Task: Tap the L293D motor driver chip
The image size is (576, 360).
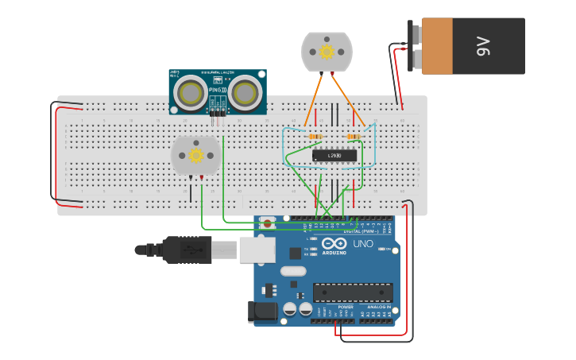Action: pyautogui.click(x=334, y=156)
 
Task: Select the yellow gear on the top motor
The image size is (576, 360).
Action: pyautogui.click(x=327, y=52)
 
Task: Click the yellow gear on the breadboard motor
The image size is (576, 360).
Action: pyautogui.click(x=195, y=155)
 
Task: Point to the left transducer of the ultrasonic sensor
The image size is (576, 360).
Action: pyautogui.click(x=191, y=94)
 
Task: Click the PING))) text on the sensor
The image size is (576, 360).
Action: pyautogui.click(x=217, y=91)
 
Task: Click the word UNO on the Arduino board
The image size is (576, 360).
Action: pyautogui.click(x=362, y=244)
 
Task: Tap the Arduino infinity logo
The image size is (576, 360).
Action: pyautogui.click(x=334, y=243)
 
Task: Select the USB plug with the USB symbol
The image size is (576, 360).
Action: pyautogui.click(x=187, y=250)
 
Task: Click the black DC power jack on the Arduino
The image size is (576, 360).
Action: pyautogui.click(x=263, y=312)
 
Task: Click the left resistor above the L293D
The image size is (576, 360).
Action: pyautogui.click(x=315, y=137)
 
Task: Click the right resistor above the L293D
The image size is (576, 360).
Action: pyautogui.click(x=354, y=137)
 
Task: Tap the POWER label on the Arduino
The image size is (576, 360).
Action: pyautogui.click(x=346, y=307)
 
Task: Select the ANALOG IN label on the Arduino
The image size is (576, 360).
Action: pyautogui.click(x=379, y=307)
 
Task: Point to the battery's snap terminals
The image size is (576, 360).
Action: pyautogui.click(x=415, y=46)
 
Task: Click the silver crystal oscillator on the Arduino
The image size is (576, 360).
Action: pyautogui.click(x=293, y=271)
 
